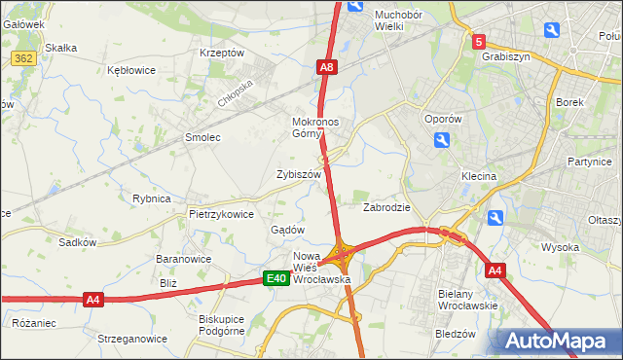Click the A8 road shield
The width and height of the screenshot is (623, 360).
327,67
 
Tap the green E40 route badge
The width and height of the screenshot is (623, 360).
276,279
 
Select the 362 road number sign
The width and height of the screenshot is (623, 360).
24,59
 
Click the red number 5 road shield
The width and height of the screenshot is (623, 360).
478,42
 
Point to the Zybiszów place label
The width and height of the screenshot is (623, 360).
299,174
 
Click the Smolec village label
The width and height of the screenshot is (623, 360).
202,138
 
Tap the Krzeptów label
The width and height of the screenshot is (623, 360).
221,53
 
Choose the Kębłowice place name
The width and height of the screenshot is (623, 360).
132,71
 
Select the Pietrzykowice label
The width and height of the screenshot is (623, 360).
221,214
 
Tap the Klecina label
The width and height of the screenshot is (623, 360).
479,177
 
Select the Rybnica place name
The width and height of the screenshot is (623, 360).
152,198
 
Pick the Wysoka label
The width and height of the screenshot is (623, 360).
561,247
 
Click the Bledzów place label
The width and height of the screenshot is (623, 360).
456,333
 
